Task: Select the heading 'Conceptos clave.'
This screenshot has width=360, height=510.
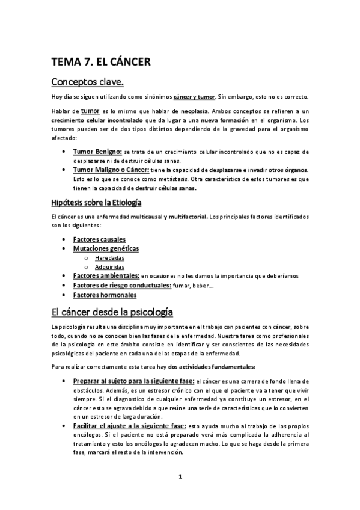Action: (x=87, y=81)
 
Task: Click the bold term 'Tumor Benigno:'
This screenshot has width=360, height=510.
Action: (x=97, y=153)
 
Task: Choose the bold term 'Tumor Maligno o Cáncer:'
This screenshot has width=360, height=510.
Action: (x=112, y=170)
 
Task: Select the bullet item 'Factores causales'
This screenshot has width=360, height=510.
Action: (x=99, y=239)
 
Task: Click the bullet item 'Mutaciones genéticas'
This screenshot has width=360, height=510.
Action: (x=105, y=248)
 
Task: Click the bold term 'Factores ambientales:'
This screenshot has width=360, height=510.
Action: (x=106, y=275)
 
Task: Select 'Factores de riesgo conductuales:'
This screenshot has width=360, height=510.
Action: (x=121, y=285)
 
